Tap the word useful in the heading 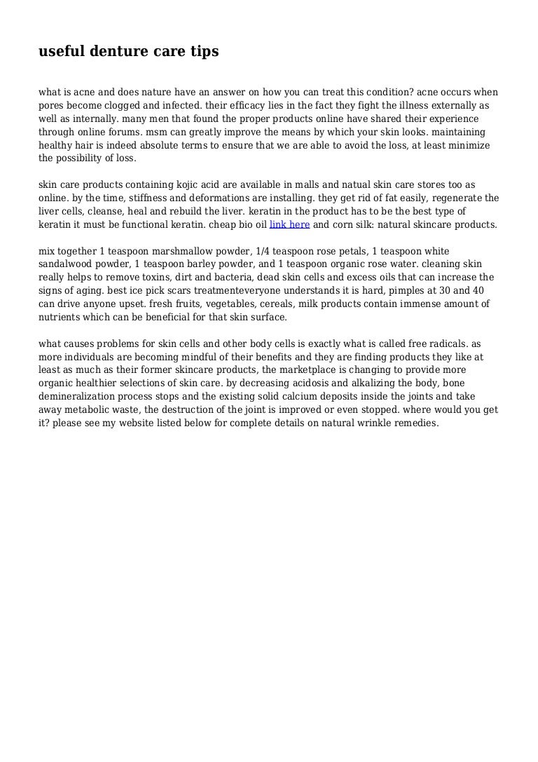point(60,52)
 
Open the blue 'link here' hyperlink point(289,225)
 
